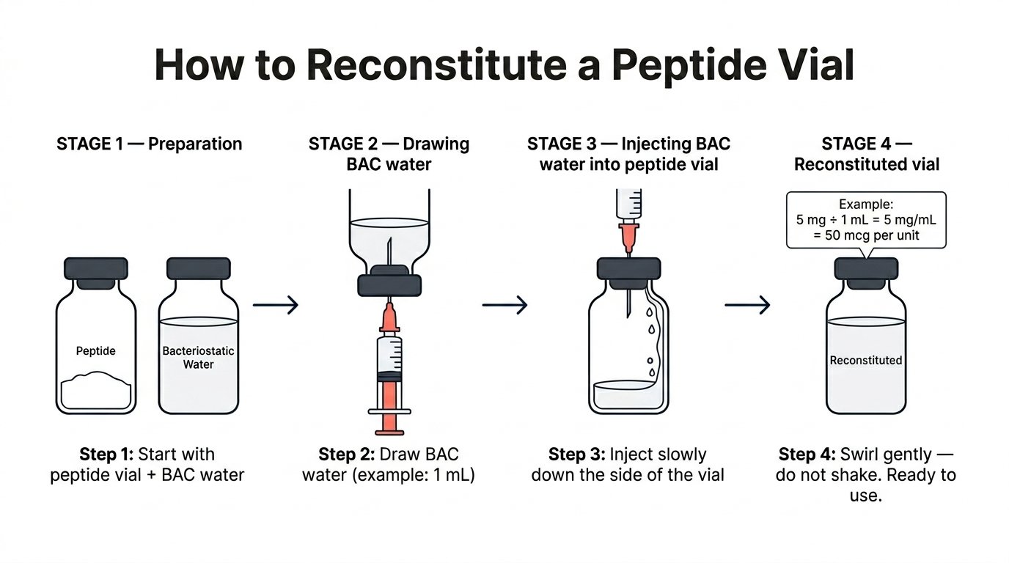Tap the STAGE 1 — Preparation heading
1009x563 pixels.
coord(149,144)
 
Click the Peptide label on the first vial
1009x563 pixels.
coord(96,351)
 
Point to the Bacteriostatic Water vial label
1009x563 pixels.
coord(198,358)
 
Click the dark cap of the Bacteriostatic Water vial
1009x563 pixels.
coord(198,269)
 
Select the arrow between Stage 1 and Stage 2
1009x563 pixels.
coord(276,305)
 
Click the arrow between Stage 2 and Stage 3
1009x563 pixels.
coord(504,305)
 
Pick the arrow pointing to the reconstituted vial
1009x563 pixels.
coord(747,305)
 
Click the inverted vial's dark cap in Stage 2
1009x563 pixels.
coord(389,284)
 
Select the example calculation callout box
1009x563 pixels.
coord(866,220)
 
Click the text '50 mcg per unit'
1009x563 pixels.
coord(866,235)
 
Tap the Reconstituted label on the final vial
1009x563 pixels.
coord(866,361)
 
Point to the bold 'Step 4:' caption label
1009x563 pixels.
coord(807,455)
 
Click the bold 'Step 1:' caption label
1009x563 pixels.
coord(106,455)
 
